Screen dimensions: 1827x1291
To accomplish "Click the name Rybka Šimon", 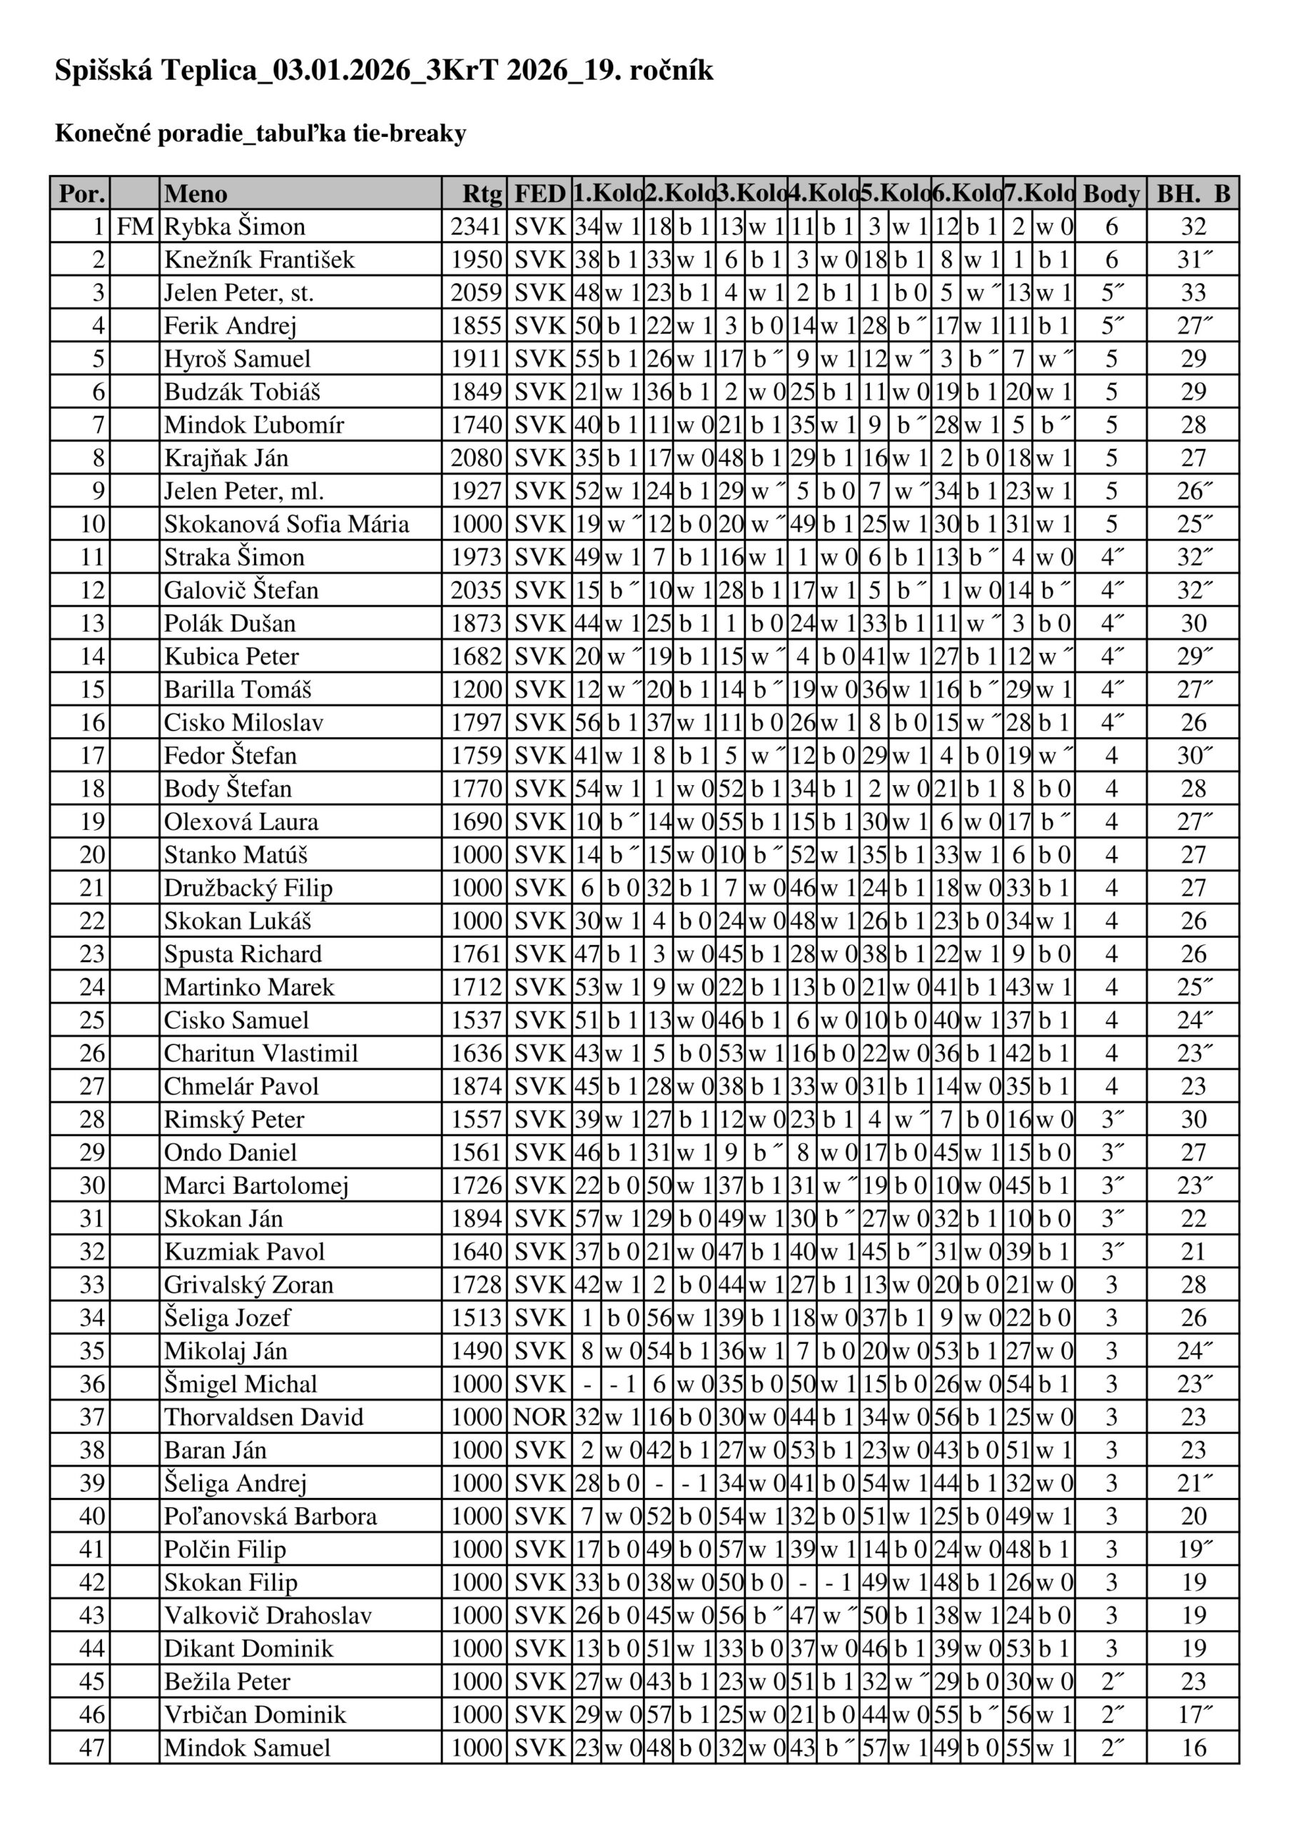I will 235,227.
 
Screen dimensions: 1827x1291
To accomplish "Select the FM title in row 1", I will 134,227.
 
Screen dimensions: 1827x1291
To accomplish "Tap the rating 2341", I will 476,227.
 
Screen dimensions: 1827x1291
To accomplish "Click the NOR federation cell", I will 540,1417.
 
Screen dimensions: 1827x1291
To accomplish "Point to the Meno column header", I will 196,193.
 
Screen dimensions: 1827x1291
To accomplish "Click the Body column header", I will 1111,193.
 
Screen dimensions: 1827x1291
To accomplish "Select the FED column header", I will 540,193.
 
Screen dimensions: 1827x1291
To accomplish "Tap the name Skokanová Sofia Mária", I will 287,525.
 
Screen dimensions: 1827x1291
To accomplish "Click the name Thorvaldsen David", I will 263,1417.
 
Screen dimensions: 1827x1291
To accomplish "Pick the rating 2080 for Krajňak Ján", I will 476,458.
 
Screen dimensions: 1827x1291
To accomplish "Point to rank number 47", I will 92,1748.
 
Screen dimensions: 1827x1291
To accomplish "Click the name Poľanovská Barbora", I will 270,1517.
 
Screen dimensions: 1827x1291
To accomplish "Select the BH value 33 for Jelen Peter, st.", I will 1193,293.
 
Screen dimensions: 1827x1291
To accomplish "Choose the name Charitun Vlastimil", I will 261,1053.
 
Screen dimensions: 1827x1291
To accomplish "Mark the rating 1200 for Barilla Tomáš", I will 476,690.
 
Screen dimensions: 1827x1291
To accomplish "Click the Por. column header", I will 81,193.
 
